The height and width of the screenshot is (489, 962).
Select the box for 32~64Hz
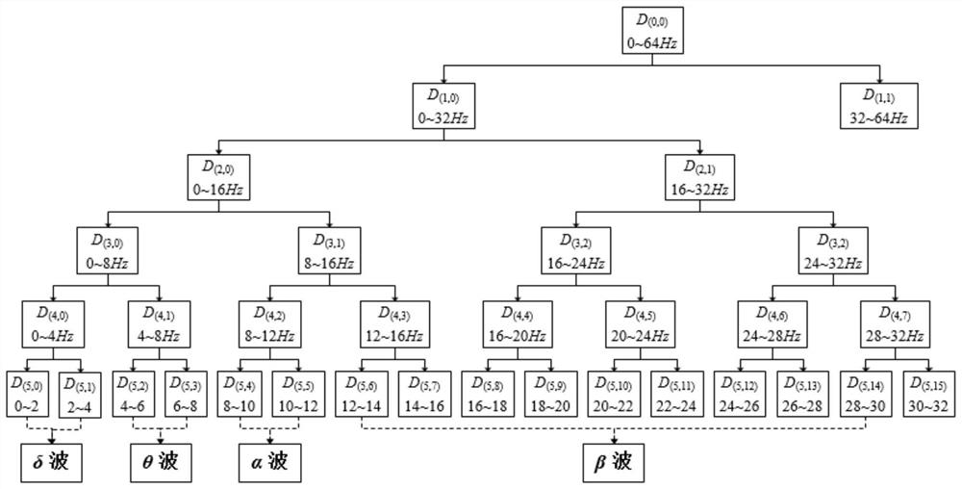pyautogui.click(x=879, y=106)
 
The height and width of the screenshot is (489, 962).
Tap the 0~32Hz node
pyautogui.click(x=444, y=106)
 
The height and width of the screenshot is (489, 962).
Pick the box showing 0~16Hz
pyautogui.click(x=219, y=178)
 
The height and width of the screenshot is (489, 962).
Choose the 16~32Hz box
pyautogui.click(x=700, y=178)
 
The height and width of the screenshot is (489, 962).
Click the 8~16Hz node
pyautogui.click(x=329, y=251)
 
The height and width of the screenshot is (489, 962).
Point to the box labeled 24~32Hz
pyautogui.click(x=832, y=251)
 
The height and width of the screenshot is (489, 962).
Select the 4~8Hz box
pyautogui.click(x=160, y=324)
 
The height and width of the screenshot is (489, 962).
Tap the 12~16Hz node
pyautogui.click(x=394, y=324)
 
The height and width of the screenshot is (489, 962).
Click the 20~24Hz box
pyautogui.click(x=640, y=324)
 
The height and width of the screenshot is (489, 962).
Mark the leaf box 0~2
pyautogui.click(x=27, y=394)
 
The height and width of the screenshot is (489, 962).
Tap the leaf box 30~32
pyautogui.click(x=928, y=394)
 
